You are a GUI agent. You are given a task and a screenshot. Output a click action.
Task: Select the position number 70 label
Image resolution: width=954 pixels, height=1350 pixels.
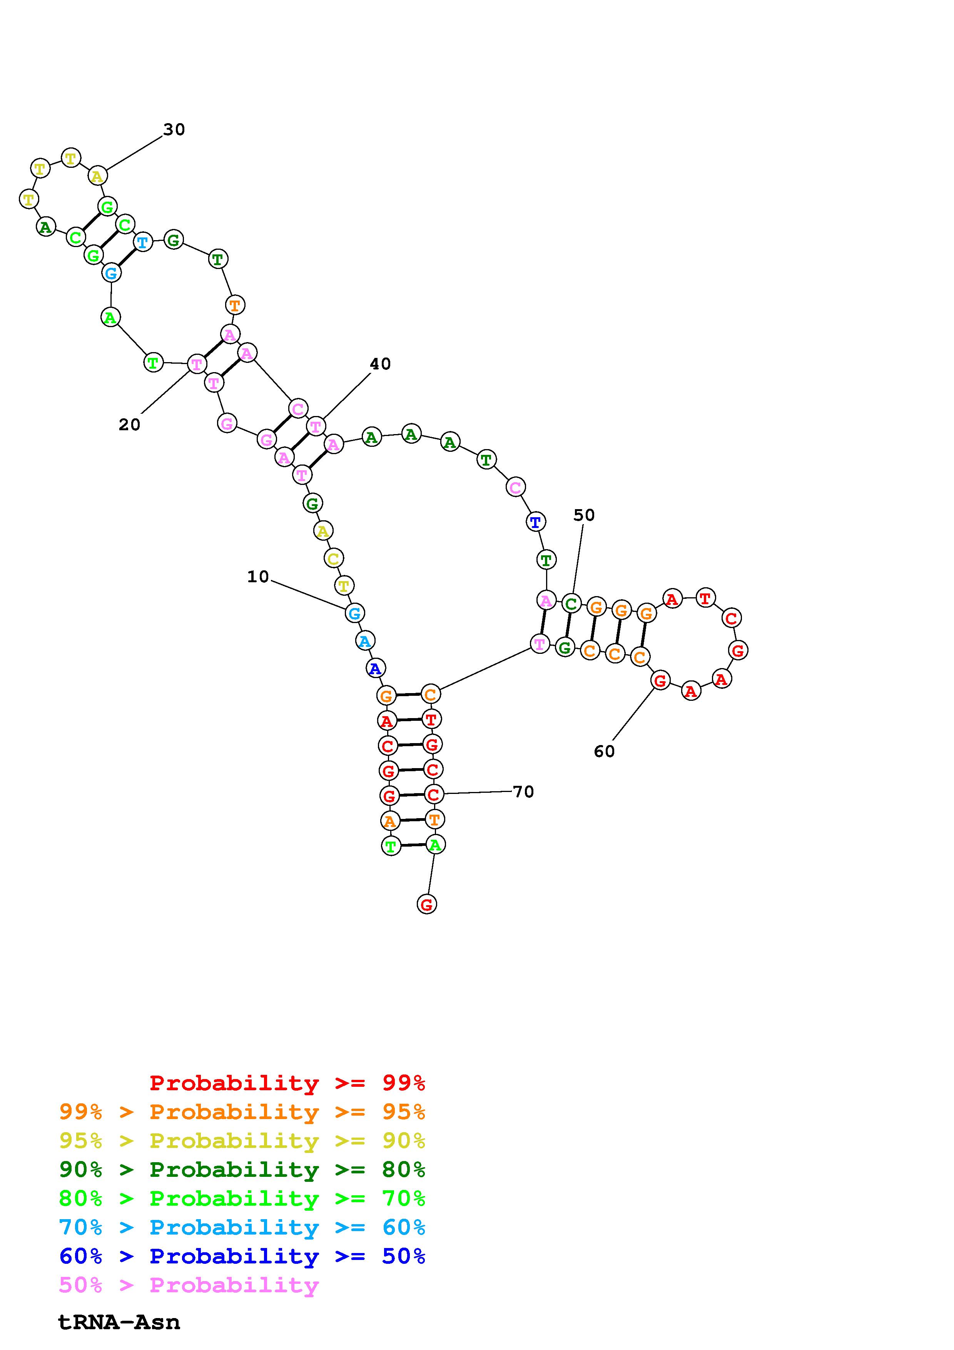pos(523,792)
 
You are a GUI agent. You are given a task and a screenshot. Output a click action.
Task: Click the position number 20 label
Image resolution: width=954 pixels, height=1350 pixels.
pos(129,424)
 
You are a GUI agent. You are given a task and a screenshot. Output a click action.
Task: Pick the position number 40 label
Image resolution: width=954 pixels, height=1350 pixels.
pos(380,364)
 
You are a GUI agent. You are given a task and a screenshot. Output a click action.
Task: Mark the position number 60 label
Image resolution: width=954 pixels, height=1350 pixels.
pos(604,752)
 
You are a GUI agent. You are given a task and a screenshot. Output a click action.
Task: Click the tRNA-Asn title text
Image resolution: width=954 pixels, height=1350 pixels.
pos(119,1322)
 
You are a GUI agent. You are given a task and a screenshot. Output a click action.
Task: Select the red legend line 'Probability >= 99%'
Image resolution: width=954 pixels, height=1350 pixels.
pos(287,1083)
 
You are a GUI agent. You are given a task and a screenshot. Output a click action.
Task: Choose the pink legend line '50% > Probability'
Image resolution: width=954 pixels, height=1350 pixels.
pos(189,1285)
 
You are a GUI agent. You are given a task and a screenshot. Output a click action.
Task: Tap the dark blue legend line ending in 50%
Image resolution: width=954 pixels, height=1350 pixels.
pos(242,1256)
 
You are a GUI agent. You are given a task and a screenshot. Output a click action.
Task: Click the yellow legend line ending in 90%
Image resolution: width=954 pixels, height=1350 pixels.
pos(242,1141)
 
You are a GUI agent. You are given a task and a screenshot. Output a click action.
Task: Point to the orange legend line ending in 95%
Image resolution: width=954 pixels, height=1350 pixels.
pos(242,1112)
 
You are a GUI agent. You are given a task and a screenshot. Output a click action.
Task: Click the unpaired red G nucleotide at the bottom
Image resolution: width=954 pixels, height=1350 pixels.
pos(427,904)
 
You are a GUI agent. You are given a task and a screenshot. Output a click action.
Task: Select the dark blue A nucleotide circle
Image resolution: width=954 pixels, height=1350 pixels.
pos(375,668)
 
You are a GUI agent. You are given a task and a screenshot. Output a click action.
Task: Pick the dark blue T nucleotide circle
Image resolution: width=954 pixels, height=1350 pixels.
pos(535,521)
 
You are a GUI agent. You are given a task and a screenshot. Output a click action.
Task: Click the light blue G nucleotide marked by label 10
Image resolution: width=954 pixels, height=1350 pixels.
pos(354,613)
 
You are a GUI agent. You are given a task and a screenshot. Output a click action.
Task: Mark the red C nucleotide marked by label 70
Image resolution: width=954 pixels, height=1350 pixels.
pos(433,794)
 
